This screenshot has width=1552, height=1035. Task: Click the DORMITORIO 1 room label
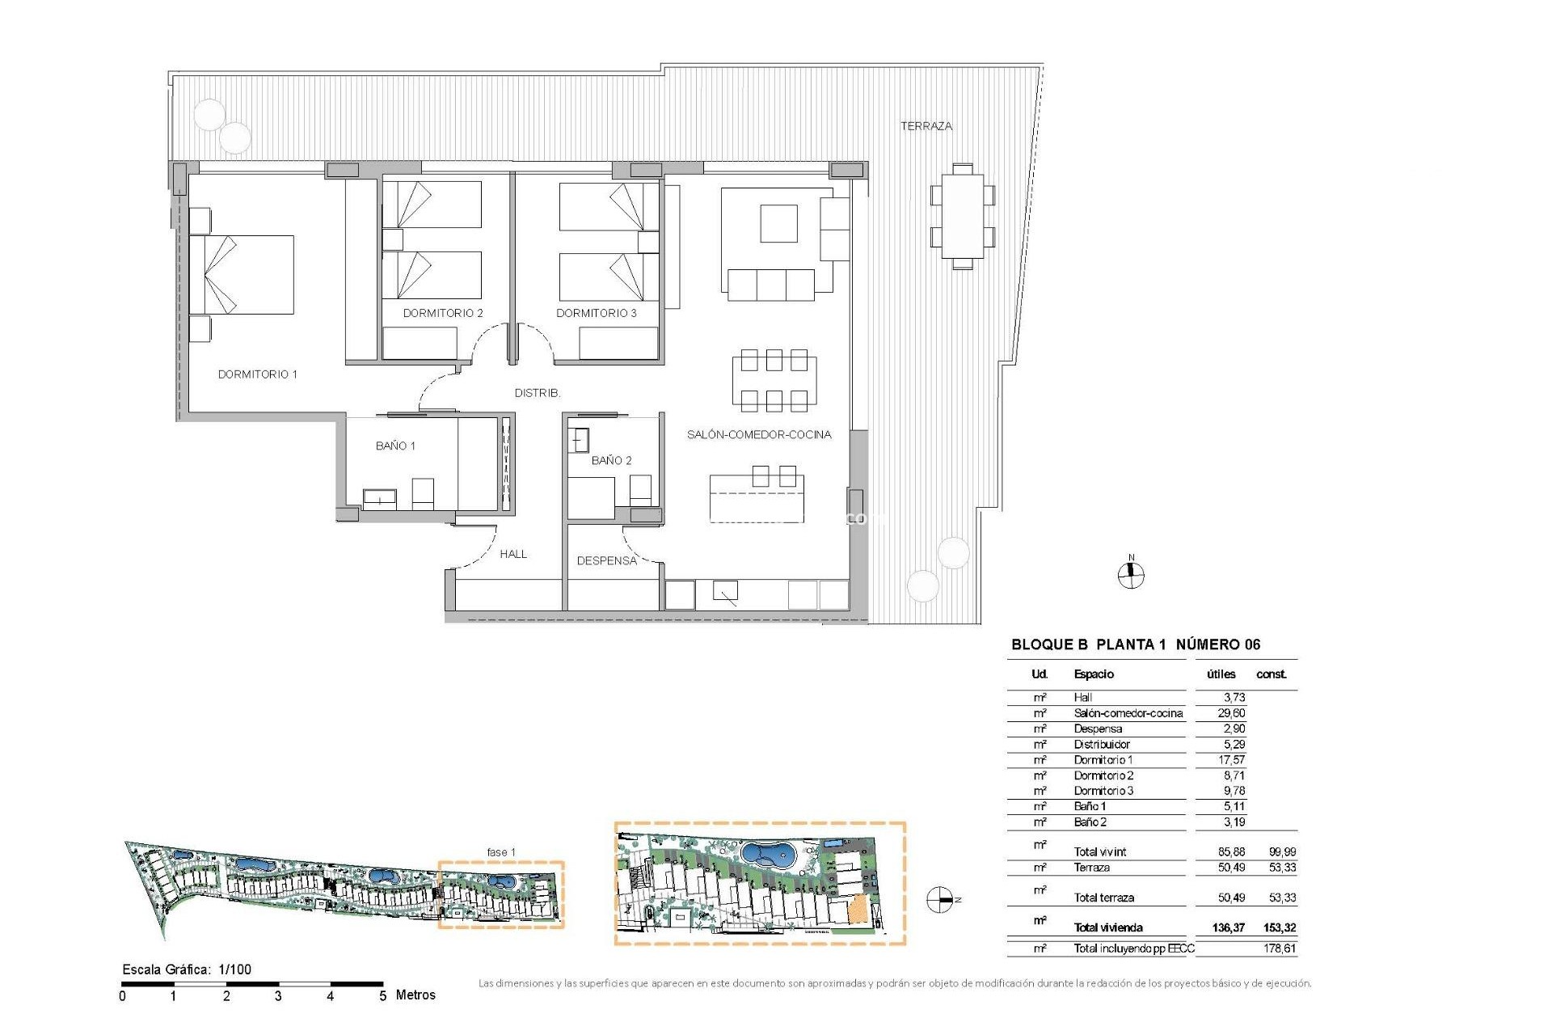[257, 374]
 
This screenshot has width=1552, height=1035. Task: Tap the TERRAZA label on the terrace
[926, 126]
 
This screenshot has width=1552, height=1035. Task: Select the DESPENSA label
[606, 560]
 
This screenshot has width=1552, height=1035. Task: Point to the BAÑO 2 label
[611, 460]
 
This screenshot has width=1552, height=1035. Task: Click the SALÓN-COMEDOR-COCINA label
[758, 434]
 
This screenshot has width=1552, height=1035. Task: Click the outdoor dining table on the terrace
[962, 216]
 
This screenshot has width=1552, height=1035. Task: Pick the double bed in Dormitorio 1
[242, 275]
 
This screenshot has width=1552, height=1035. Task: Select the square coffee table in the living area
[778, 223]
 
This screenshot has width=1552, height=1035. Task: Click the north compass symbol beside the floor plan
[1130, 575]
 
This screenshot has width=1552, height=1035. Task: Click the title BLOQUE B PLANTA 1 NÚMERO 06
[1135, 644]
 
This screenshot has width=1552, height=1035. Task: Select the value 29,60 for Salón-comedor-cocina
[1231, 713]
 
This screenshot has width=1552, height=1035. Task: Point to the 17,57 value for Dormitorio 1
[1231, 760]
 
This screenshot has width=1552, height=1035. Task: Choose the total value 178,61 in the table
[1279, 948]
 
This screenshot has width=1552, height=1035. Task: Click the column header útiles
[1220, 674]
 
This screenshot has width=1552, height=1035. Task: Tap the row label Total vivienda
[1107, 927]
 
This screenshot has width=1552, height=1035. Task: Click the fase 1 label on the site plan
[500, 852]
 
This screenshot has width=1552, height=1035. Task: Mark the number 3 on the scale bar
[278, 996]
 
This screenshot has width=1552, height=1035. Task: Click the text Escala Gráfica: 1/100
[187, 970]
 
